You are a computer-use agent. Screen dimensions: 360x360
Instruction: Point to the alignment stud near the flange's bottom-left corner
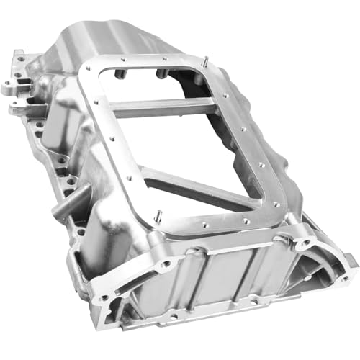[156, 215]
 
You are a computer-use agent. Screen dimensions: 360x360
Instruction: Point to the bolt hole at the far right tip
[350, 274]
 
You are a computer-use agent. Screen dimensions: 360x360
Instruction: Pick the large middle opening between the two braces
[180, 144]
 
